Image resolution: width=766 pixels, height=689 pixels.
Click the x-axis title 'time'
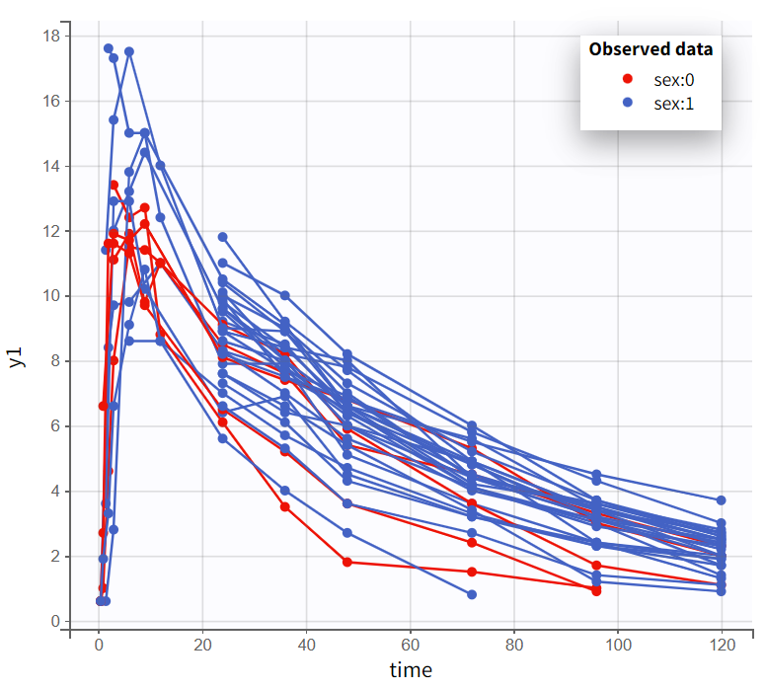[410, 671]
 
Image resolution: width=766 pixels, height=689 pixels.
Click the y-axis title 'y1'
[17, 356]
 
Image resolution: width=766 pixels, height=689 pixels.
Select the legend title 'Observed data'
[651, 48]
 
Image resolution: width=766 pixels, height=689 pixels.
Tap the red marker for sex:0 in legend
[628, 78]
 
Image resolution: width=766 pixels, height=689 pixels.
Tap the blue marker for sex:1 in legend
[628, 103]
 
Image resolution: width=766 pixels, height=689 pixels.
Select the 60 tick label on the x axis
[410, 647]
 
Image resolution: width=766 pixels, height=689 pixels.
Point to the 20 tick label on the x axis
[202, 647]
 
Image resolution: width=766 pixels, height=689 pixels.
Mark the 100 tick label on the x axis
[618, 647]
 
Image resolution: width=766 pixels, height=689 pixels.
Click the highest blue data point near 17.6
[109, 48]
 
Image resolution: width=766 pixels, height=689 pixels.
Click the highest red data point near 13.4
[114, 185]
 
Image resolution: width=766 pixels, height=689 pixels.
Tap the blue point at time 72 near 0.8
[472, 594]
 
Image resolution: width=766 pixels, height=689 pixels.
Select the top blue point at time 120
[722, 500]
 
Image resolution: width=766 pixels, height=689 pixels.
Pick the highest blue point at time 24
[223, 237]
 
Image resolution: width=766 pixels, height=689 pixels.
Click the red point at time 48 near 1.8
[347, 562]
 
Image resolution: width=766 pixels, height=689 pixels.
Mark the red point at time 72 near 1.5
[472, 572]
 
